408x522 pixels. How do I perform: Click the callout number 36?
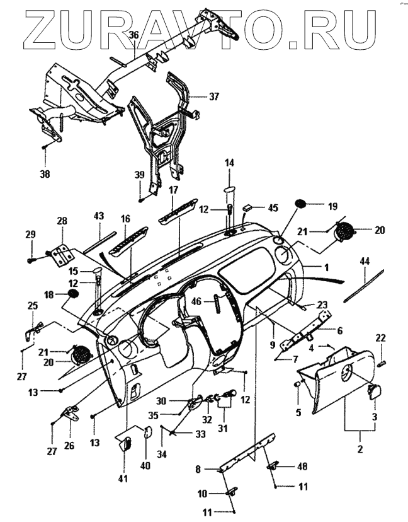(x=133, y=35)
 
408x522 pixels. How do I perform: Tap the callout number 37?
(x=214, y=96)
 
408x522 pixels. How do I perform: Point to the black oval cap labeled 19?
(x=301, y=204)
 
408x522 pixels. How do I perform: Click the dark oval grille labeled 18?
(x=72, y=294)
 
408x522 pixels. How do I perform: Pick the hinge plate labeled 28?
(x=62, y=254)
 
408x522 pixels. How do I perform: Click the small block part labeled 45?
(x=251, y=206)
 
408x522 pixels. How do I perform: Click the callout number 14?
(x=229, y=163)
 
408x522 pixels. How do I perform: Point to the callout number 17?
(x=173, y=189)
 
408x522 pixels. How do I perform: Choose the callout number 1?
(x=327, y=267)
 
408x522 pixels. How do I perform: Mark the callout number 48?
(x=302, y=467)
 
